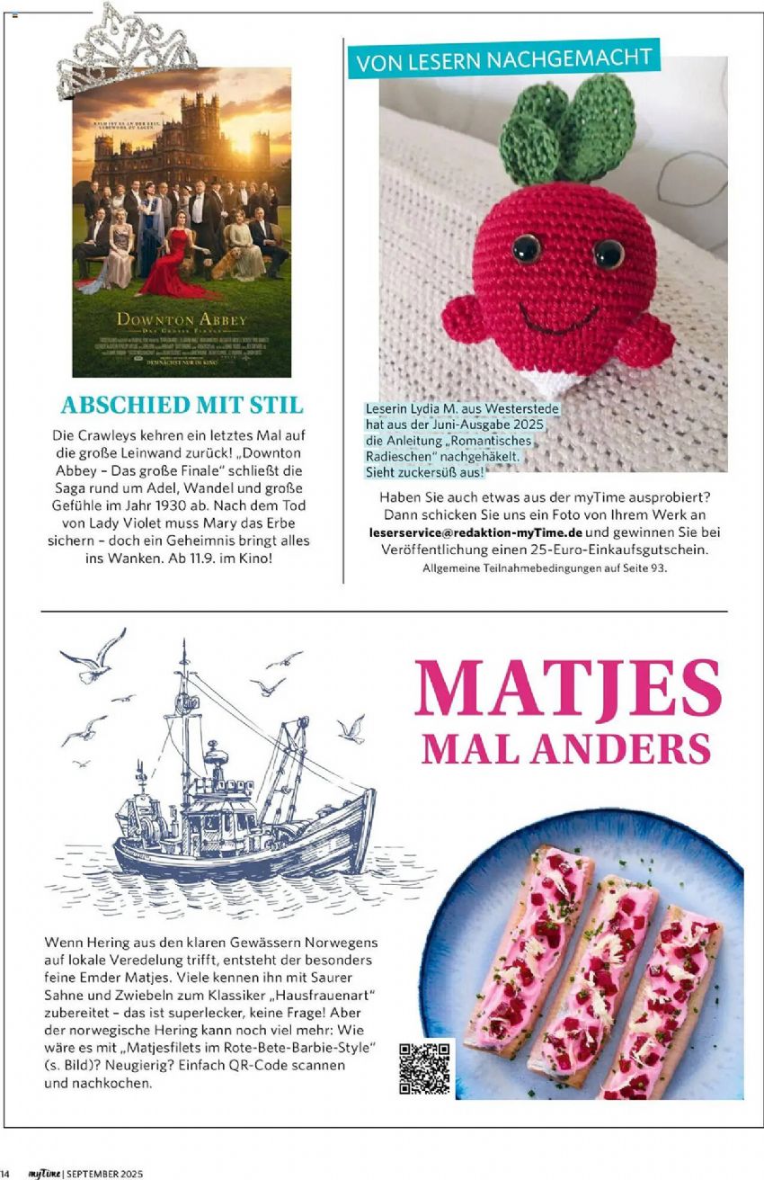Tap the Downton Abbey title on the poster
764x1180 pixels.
(181, 320)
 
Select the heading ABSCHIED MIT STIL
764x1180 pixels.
(182, 405)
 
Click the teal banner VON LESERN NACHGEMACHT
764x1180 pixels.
(503, 60)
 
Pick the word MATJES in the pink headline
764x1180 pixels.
(568, 689)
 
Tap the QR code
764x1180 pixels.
(424, 1068)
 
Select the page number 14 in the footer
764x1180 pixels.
(5, 1173)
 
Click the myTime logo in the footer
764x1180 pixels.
(43, 1173)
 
